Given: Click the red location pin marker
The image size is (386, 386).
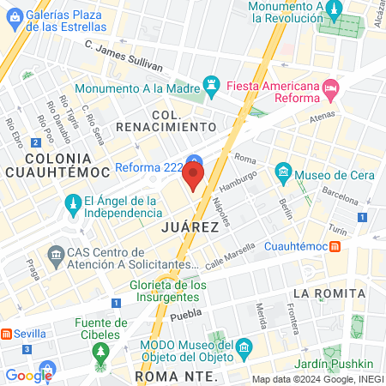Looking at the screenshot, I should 194,177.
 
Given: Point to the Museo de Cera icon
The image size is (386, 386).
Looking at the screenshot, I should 282,176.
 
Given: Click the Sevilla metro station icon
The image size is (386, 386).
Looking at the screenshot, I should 7,333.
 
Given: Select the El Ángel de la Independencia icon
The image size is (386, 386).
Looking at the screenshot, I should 73,205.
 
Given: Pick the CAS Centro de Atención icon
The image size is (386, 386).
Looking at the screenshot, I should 57,255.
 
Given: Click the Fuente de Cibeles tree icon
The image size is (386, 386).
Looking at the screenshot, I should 102,352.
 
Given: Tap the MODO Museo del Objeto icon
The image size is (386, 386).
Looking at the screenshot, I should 245,347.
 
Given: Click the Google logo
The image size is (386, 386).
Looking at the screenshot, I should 28,375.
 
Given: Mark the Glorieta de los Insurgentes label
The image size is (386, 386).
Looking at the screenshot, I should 168,292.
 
